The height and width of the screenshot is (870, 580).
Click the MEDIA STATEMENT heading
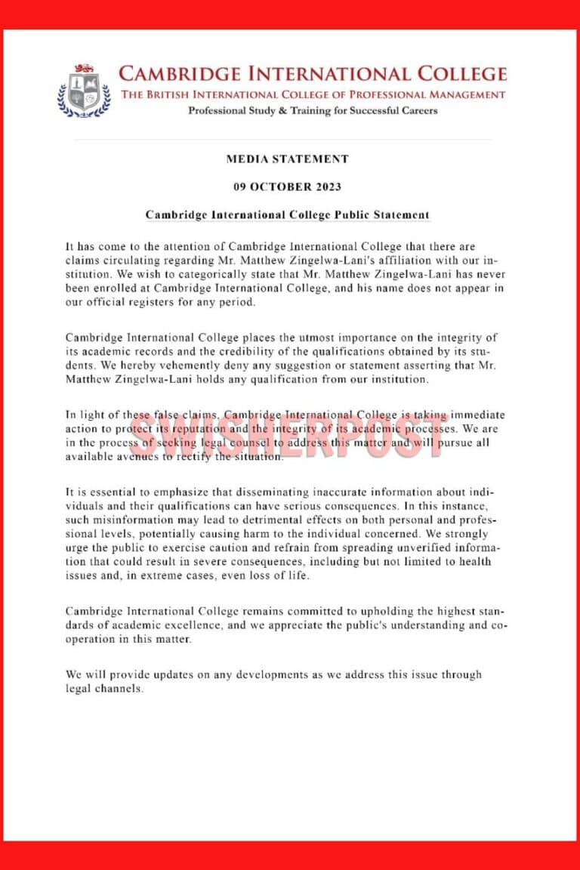tap(287, 159)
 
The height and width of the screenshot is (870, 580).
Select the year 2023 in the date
tap(327, 187)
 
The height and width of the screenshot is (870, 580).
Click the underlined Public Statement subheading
tap(288, 214)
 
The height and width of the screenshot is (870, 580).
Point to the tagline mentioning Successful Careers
tap(312, 111)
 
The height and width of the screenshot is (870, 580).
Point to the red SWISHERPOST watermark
tap(287, 436)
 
